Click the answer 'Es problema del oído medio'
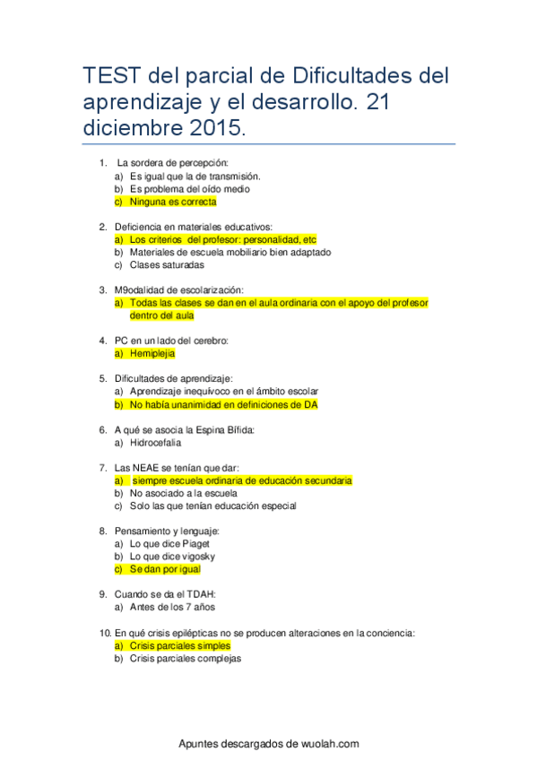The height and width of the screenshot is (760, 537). point(189,189)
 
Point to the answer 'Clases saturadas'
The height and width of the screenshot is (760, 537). point(167,265)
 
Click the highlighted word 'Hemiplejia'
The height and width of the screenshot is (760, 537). point(152,353)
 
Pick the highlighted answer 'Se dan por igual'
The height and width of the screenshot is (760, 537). point(165,569)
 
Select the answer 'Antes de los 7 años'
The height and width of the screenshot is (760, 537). point(172,607)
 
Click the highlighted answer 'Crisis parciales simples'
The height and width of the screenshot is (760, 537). point(180,645)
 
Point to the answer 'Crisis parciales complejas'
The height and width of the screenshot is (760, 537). point(185,658)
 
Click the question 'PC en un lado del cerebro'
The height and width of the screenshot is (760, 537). point(172,341)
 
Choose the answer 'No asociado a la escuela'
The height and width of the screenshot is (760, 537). point(183,493)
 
